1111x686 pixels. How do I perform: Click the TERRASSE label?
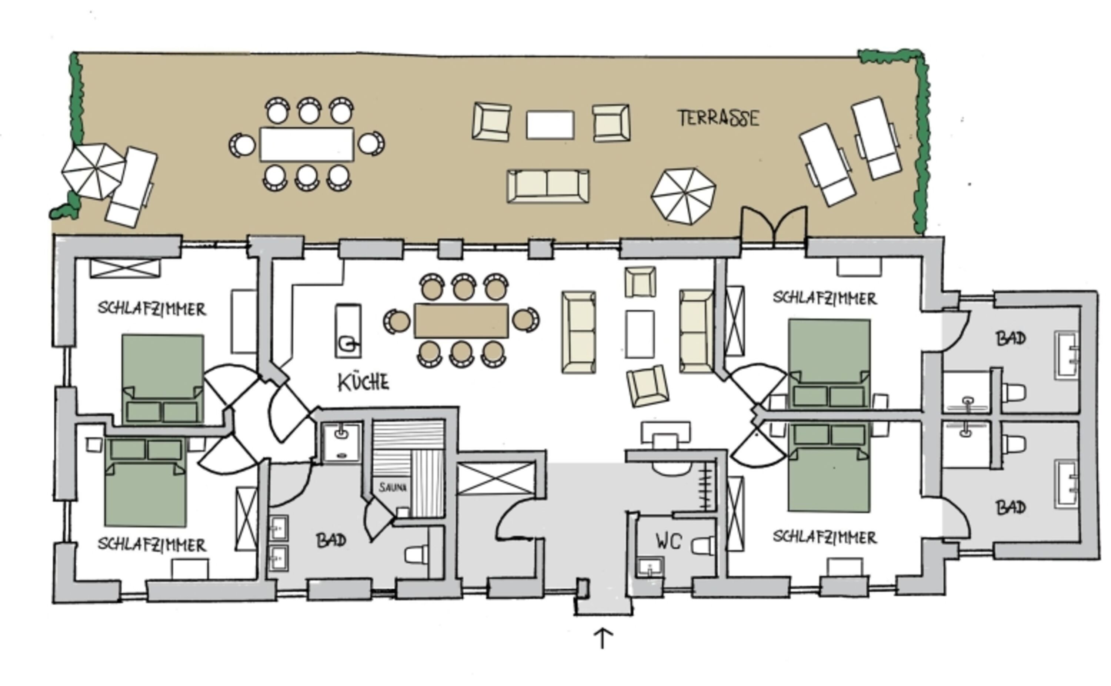pos(718,118)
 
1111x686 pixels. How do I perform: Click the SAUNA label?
pos(393,487)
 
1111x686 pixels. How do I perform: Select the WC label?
pos(668,541)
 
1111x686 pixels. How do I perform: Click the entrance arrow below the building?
pos(603,638)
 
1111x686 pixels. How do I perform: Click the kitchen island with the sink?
pos(348,331)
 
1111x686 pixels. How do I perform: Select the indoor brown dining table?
pos(461,321)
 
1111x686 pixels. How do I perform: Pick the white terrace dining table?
pos(306,144)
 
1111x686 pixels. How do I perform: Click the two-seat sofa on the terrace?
pos(548,186)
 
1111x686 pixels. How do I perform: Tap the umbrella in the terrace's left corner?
pos(93,171)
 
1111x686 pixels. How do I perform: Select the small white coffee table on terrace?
pos(550,125)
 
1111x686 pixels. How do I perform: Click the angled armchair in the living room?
pos(648,386)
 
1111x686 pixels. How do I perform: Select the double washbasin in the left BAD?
pos(278,543)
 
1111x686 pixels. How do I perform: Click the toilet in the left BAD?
pos(417,554)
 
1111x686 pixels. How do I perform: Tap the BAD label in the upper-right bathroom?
pos(1011,338)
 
